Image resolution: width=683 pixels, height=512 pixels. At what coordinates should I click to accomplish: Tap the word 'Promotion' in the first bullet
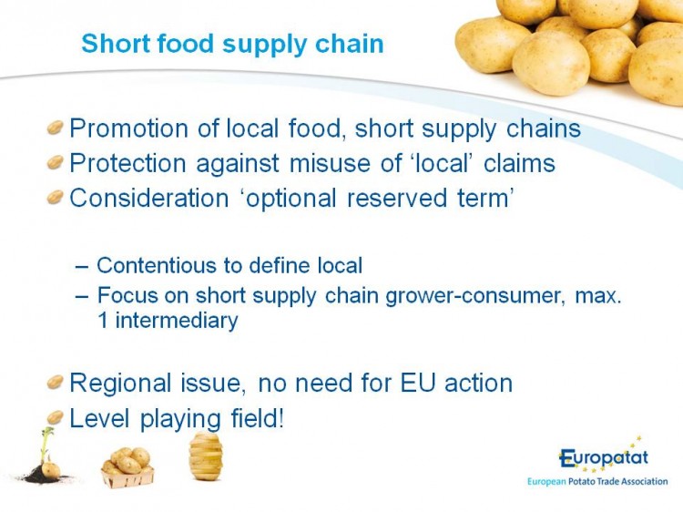click(129, 128)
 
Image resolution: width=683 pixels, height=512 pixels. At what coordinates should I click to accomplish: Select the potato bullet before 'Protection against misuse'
click(56, 161)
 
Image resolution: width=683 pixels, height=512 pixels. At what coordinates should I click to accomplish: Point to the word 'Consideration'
click(149, 198)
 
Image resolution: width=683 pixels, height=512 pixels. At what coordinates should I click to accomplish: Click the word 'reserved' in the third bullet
click(397, 198)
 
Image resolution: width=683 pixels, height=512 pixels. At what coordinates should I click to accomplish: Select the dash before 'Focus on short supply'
click(81, 295)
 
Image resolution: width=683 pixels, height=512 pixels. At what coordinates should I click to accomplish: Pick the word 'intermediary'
click(177, 321)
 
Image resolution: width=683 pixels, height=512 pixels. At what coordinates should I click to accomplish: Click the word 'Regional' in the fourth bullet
click(120, 383)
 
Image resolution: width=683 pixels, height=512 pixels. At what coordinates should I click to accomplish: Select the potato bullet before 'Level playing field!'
click(56, 417)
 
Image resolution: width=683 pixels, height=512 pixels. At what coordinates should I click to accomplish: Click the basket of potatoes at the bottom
click(127, 467)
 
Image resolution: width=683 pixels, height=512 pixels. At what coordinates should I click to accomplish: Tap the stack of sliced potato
click(206, 456)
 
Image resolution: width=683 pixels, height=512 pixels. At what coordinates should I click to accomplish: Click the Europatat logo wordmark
click(604, 458)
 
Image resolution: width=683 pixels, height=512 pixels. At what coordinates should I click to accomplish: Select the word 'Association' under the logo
click(644, 482)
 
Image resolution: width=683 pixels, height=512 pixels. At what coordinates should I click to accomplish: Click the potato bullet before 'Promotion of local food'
click(56, 128)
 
